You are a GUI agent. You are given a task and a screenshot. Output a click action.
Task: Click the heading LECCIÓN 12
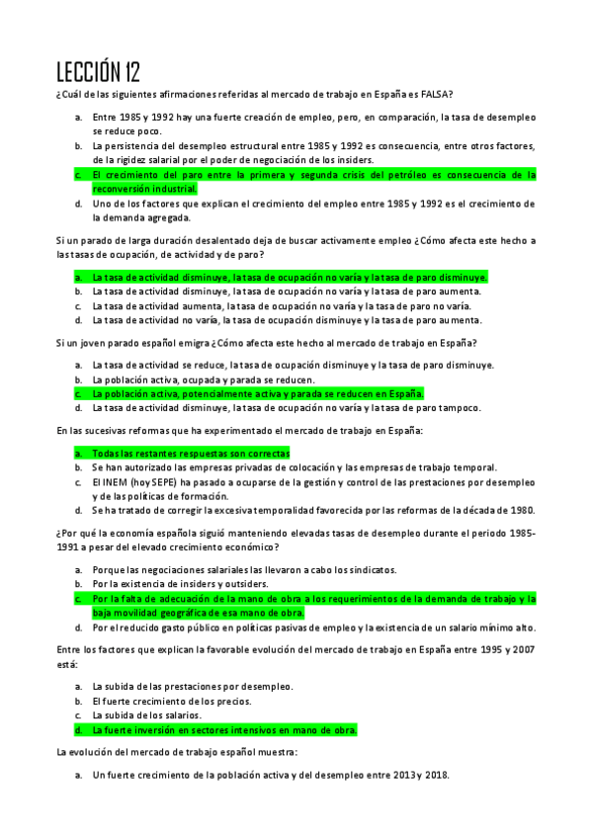(98, 71)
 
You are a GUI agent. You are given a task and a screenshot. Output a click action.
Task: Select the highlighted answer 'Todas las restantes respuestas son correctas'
(191, 454)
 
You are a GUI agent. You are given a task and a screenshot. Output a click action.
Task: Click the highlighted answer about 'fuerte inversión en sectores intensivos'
(224, 729)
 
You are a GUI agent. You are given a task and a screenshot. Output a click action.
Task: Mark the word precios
(234, 701)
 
